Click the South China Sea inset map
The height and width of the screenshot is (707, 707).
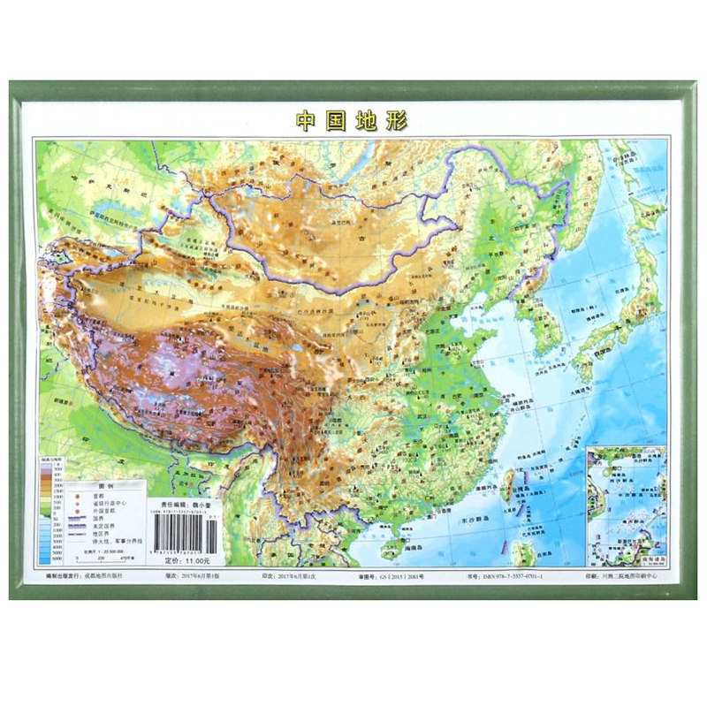click(x=627, y=504)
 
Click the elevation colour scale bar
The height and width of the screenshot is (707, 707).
click(x=54, y=521)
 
